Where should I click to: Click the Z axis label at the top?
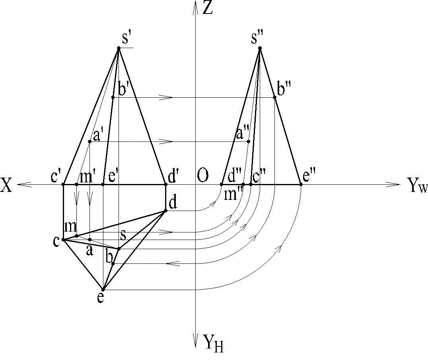pyautogui.click(x=208, y=8)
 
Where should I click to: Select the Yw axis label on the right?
pyautogui.click(x=417, y=186)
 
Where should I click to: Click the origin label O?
pyautogui.click(x=202, y=176)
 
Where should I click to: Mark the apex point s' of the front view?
pyautogui.click(x=119, y=48)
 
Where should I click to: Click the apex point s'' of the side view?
pyautogui.click(x=260, y=48)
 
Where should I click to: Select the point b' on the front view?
pyautogui.click(x=113, y=97)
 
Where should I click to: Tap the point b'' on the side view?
pyautogui.click(x=275, y=97)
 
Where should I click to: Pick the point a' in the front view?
pyautogui.click(x=90, y=141)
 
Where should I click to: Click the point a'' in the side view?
pyautogui.click(x=249, y=141)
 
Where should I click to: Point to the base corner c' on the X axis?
pyautogui.click(x=64, y=184)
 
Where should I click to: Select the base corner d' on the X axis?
pyautogui.click(x=165, y=184)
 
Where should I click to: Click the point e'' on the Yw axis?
pyautogui.click(x=301, y=184)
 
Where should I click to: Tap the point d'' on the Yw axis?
pyautogui.click(x=222, y=184)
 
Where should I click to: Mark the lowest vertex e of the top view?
pyautogui.click(x=103, y=290)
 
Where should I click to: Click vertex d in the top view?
pyautogui.click(x=165, y=210)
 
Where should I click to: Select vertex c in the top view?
pyautogui.click(x=64, y=240)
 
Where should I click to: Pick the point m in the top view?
pyautogui.click(x=76, y=236)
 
